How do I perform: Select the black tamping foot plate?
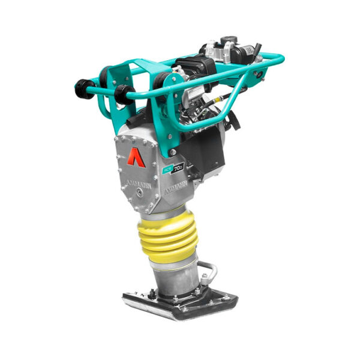point(180,303)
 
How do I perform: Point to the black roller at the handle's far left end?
point(84,89)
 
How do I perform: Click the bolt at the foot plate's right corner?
point(221,295)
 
